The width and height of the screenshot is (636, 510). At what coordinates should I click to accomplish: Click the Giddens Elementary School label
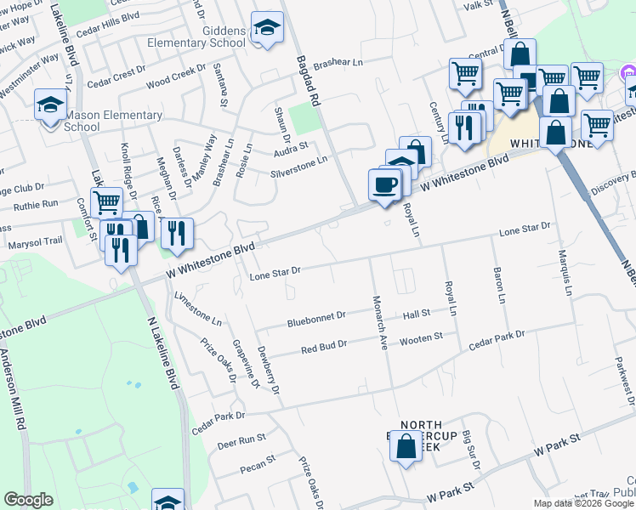[x=196, y=36]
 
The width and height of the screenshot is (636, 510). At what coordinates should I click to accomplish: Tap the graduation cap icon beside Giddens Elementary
[x=267, y=29]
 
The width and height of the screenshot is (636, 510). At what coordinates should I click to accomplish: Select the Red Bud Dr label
[x=324, y=346]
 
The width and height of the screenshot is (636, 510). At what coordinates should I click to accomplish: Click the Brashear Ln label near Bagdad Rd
[x=338, y=64]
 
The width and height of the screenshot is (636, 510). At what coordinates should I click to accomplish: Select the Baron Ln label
[x=499, y=287]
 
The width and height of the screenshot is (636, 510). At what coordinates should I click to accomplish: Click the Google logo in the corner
[x=28, y=500]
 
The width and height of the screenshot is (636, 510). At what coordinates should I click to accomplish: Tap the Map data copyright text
[x=583, y=503]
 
